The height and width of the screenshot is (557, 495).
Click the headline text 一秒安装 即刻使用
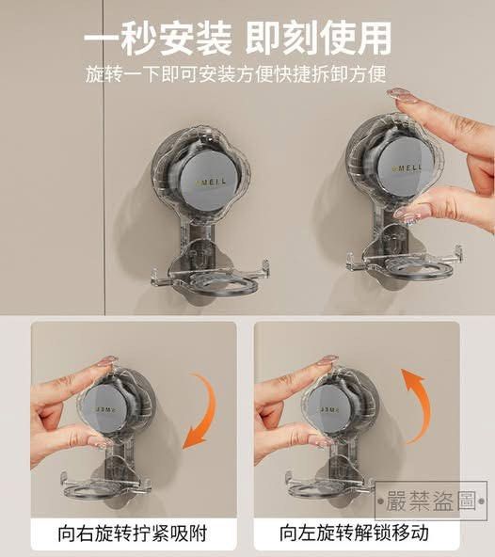tap(237, 39)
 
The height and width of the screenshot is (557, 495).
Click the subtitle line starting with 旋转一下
tap(237, 72)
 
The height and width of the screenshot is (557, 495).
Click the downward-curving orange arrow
tap(208, 408)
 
